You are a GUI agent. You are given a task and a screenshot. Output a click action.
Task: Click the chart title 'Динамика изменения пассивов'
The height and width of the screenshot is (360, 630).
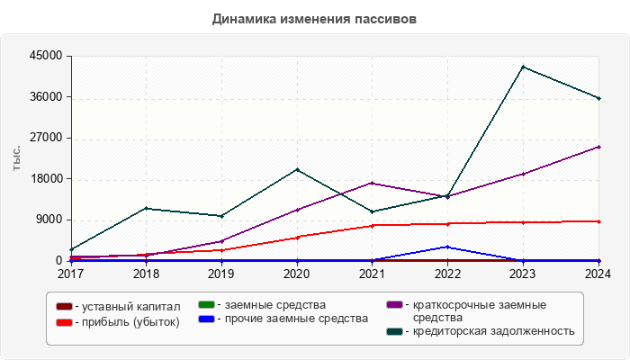(x=314, y=19)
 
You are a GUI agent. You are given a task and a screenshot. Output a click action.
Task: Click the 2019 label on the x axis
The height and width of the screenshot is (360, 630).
(x=221, y=273)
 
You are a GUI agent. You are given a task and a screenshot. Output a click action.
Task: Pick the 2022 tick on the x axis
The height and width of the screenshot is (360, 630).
(x=448, y=273)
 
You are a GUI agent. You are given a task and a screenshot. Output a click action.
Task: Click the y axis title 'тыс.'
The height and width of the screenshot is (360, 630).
(x=17, y=157)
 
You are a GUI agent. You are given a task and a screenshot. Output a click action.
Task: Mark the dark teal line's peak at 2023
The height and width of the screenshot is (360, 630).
(x=524, y=67)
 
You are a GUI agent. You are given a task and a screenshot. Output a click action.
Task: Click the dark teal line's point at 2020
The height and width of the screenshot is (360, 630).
(x=297, y=169)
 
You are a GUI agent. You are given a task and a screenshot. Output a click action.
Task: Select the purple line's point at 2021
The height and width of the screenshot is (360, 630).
(x=373, y=183)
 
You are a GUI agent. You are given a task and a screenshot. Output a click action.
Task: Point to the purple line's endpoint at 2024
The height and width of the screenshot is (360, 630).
(x=599, y=147)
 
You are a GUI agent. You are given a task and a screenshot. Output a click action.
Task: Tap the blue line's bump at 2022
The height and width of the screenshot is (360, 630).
(x=448, y=247)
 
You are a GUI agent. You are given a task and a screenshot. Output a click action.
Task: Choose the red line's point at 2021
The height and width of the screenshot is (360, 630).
(x=373, y=225)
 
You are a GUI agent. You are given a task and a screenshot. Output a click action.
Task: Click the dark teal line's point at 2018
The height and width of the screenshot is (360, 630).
(x=146, y=208)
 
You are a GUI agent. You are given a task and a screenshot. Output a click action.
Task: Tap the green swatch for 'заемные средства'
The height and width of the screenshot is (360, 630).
(x=205, y=305)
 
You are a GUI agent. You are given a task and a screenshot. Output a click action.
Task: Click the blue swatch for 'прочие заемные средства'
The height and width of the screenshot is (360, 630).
(x=205, y=319)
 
